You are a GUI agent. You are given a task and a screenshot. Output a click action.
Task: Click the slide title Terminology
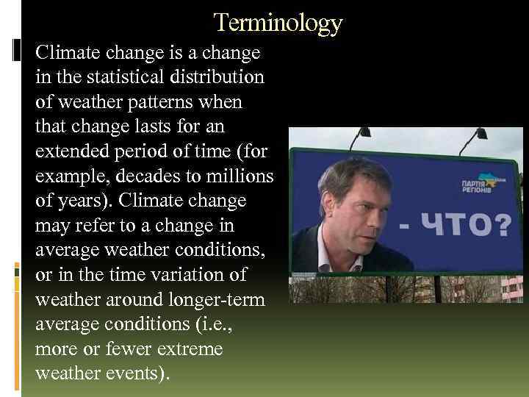pyautogui.click(x=278, y=24)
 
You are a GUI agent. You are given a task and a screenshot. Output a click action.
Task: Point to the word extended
pyautogui.click(x=68, y=152)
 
